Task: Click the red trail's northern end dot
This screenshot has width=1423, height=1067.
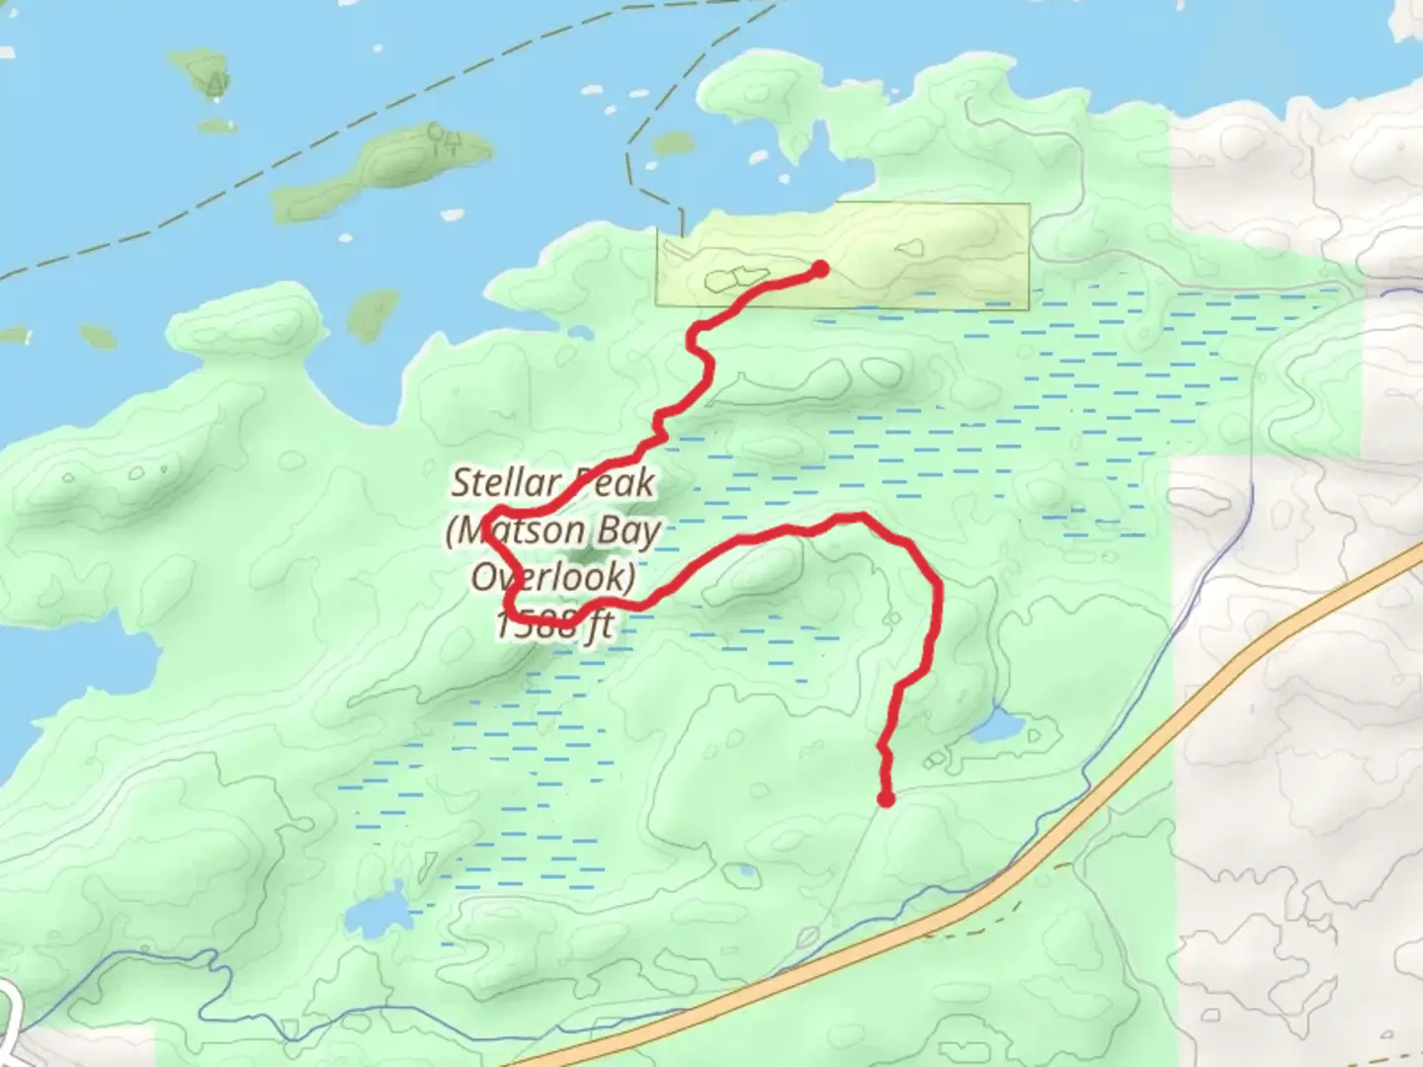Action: pos(819,269)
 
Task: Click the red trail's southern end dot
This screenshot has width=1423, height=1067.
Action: pos(886,798)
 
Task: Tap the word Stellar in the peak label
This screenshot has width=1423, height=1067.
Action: pos(506,483)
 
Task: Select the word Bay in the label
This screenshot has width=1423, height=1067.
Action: pos(629,532)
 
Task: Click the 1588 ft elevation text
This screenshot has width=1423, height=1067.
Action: pos(554,623)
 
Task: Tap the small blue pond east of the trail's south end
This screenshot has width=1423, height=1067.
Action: pos(996,728)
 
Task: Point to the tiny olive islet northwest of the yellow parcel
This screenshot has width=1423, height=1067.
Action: pos(673,144)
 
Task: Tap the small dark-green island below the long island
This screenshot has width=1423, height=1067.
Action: pos(373,312)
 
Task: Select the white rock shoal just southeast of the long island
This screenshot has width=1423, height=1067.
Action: pos(451,213)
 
